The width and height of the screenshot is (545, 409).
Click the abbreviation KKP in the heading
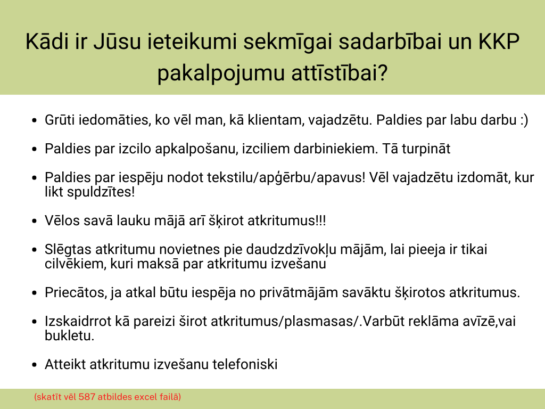499,42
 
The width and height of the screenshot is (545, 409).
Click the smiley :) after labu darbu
524,120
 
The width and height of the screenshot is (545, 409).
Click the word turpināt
426,149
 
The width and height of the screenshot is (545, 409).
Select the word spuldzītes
101,192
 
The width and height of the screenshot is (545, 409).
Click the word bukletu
70,336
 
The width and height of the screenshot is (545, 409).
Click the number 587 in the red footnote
87,397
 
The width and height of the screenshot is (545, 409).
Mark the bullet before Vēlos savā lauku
34,221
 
